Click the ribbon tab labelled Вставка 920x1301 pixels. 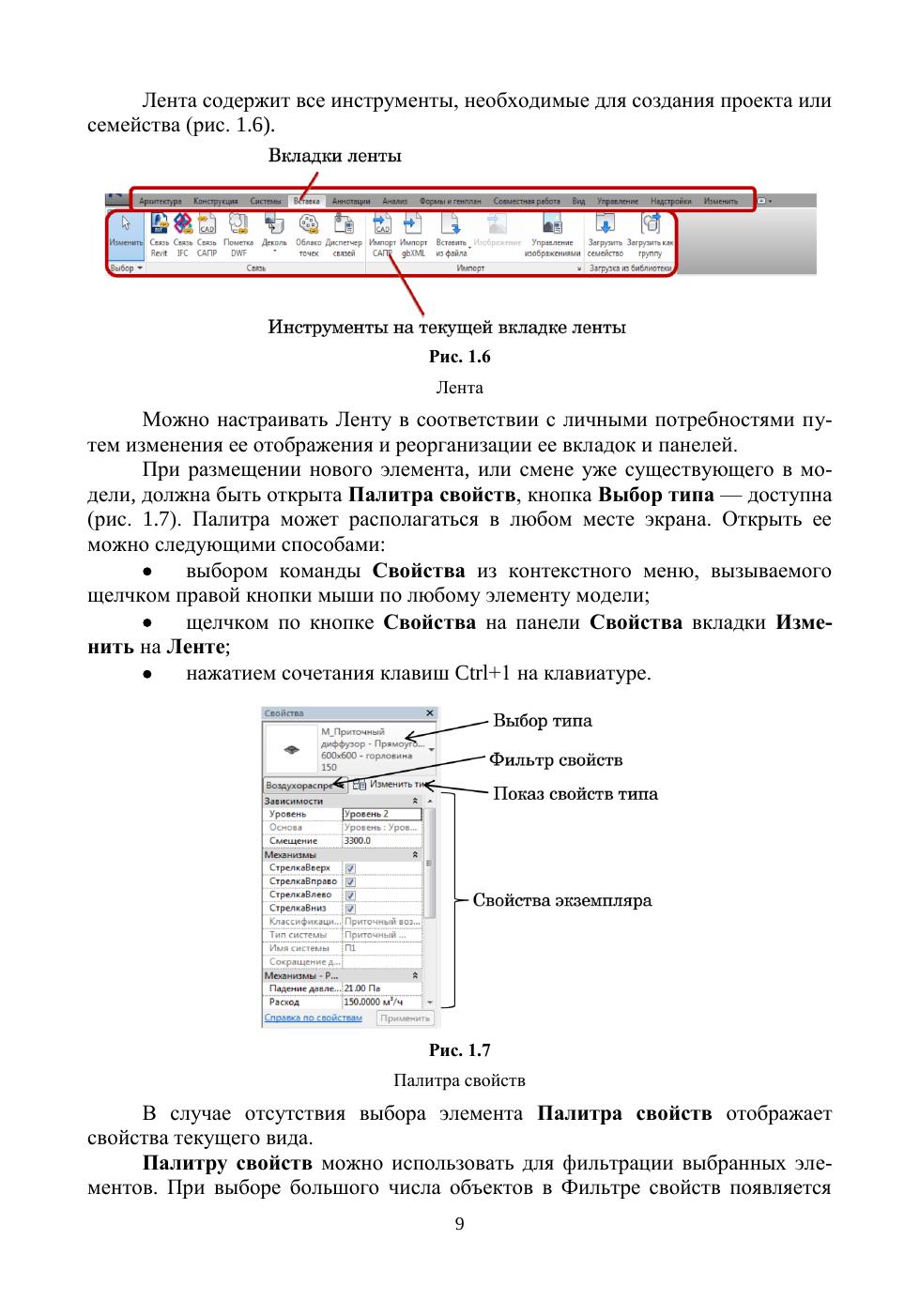click(306, 201)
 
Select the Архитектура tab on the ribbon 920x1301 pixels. click(160, 201)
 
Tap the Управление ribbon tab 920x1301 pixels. click(617, 201)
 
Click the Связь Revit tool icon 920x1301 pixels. click(159, 225)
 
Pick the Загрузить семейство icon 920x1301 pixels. click(606, 225)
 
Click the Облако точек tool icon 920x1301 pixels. click(308, 225)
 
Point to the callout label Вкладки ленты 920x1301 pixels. click(335, 156)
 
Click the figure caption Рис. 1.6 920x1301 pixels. click(459, 357)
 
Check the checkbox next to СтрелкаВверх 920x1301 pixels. click(350, 868)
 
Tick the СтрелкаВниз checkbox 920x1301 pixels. click(350, 909)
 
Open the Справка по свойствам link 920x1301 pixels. click(313, 1018)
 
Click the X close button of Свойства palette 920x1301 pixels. click(430, 714)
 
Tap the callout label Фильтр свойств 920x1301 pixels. click(556, 760)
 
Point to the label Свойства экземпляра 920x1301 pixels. click(561, 901)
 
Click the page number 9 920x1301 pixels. click(459, 1223)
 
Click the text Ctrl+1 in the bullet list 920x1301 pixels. click(483, 673)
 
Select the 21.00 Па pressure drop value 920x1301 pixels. click(362, 988)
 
